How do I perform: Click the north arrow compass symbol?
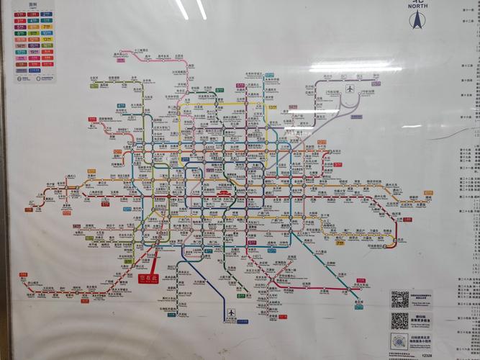(x=416, y=21)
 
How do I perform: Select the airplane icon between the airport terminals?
(x=350, y=89)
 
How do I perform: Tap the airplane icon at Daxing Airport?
(x=231, y=313)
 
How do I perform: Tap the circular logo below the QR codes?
(x=399, y=341)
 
